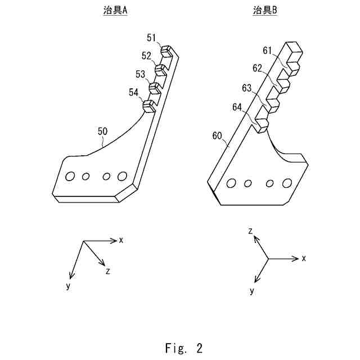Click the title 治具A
(115, 10)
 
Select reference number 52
(147, 56)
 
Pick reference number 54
(133, 92)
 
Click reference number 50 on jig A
(103, 132)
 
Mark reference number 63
(247, 88)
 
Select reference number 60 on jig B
(217, 136)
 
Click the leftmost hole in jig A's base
(70, 176)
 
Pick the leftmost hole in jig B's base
(231, 183)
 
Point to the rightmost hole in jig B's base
(287, 183)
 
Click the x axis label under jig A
(121, 240)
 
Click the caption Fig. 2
(184, 348)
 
